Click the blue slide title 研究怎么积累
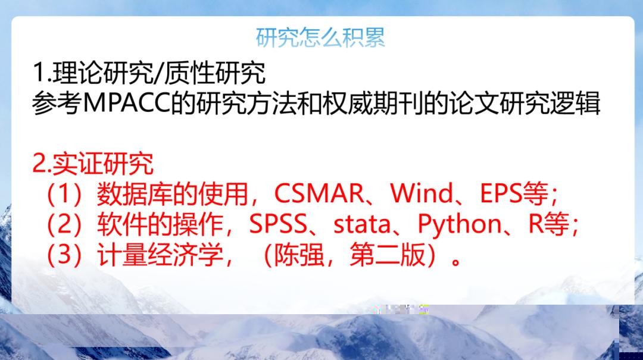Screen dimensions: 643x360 pos(320,37)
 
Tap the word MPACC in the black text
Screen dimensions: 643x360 pos(126,103)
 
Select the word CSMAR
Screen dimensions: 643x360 pos(319,193)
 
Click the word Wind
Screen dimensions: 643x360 pos(422,193)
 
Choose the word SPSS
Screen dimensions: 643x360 pos(278,224)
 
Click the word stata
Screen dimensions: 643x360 pos(362,225)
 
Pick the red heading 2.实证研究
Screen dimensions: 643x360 pos(93,164)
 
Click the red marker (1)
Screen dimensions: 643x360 pos(64,193)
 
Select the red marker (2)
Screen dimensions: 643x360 pos(64,225)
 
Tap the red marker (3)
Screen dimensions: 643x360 pos(64,255)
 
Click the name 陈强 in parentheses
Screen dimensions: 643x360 pos(299,255)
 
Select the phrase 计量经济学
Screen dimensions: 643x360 pos(160,255)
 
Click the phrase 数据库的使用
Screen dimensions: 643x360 pos(172,193)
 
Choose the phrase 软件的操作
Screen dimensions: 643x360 pos(160,225)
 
